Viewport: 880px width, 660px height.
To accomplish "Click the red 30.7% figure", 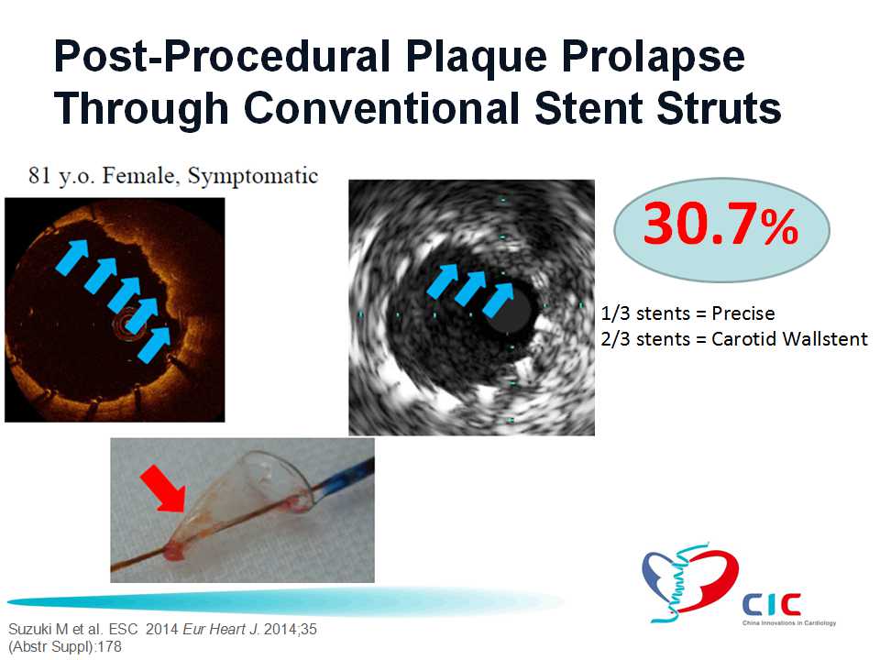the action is click(x=720, y=225).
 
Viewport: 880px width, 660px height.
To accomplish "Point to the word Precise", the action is click(x=743, y=313).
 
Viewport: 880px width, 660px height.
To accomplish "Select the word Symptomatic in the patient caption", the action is click(x=253, y=176).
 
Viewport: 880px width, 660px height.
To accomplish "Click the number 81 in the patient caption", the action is click(x=39, y=176).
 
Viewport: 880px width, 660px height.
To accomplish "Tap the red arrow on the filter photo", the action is click(x=164, y=487).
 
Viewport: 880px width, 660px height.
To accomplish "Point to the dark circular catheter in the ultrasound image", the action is click(x=507, y=310).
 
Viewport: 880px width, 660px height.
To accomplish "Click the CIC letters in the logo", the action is click(x=771, y=605).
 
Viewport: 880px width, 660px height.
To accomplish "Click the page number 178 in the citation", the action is click(x=109, y=646).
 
